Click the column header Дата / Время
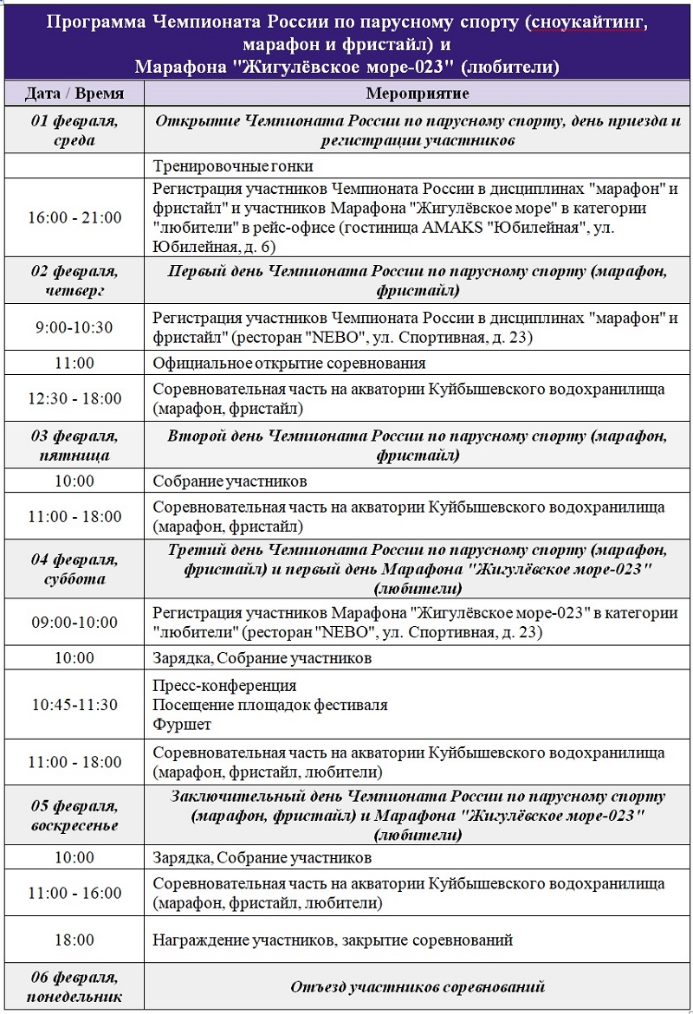74,94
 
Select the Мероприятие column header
418,94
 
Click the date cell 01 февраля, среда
74,130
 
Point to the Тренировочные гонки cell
233,166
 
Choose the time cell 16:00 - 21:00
74,217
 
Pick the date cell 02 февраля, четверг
74,281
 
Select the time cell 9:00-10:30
74,328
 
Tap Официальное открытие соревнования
289,364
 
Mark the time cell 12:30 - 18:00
74,399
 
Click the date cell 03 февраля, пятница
74,444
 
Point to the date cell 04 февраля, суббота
74,569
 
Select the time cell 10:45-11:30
74,704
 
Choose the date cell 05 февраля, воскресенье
74,815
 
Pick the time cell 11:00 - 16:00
74,894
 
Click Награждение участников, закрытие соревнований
333,940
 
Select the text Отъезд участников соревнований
418,987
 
